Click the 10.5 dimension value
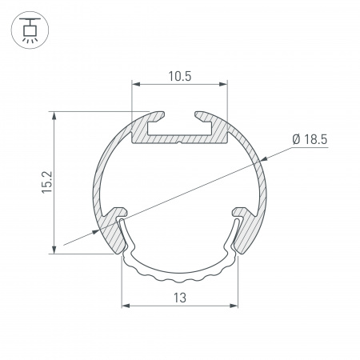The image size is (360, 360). tap(180, 77)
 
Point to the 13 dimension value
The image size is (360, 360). tap(180, 298)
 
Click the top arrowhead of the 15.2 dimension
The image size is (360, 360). tap(54, 114)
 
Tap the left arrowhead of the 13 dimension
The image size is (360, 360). tap(125, 306)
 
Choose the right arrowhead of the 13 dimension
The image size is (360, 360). tap(235, 306)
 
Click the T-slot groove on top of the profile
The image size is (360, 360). tap(180, 119)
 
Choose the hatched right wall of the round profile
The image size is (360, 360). tap(261, 188)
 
